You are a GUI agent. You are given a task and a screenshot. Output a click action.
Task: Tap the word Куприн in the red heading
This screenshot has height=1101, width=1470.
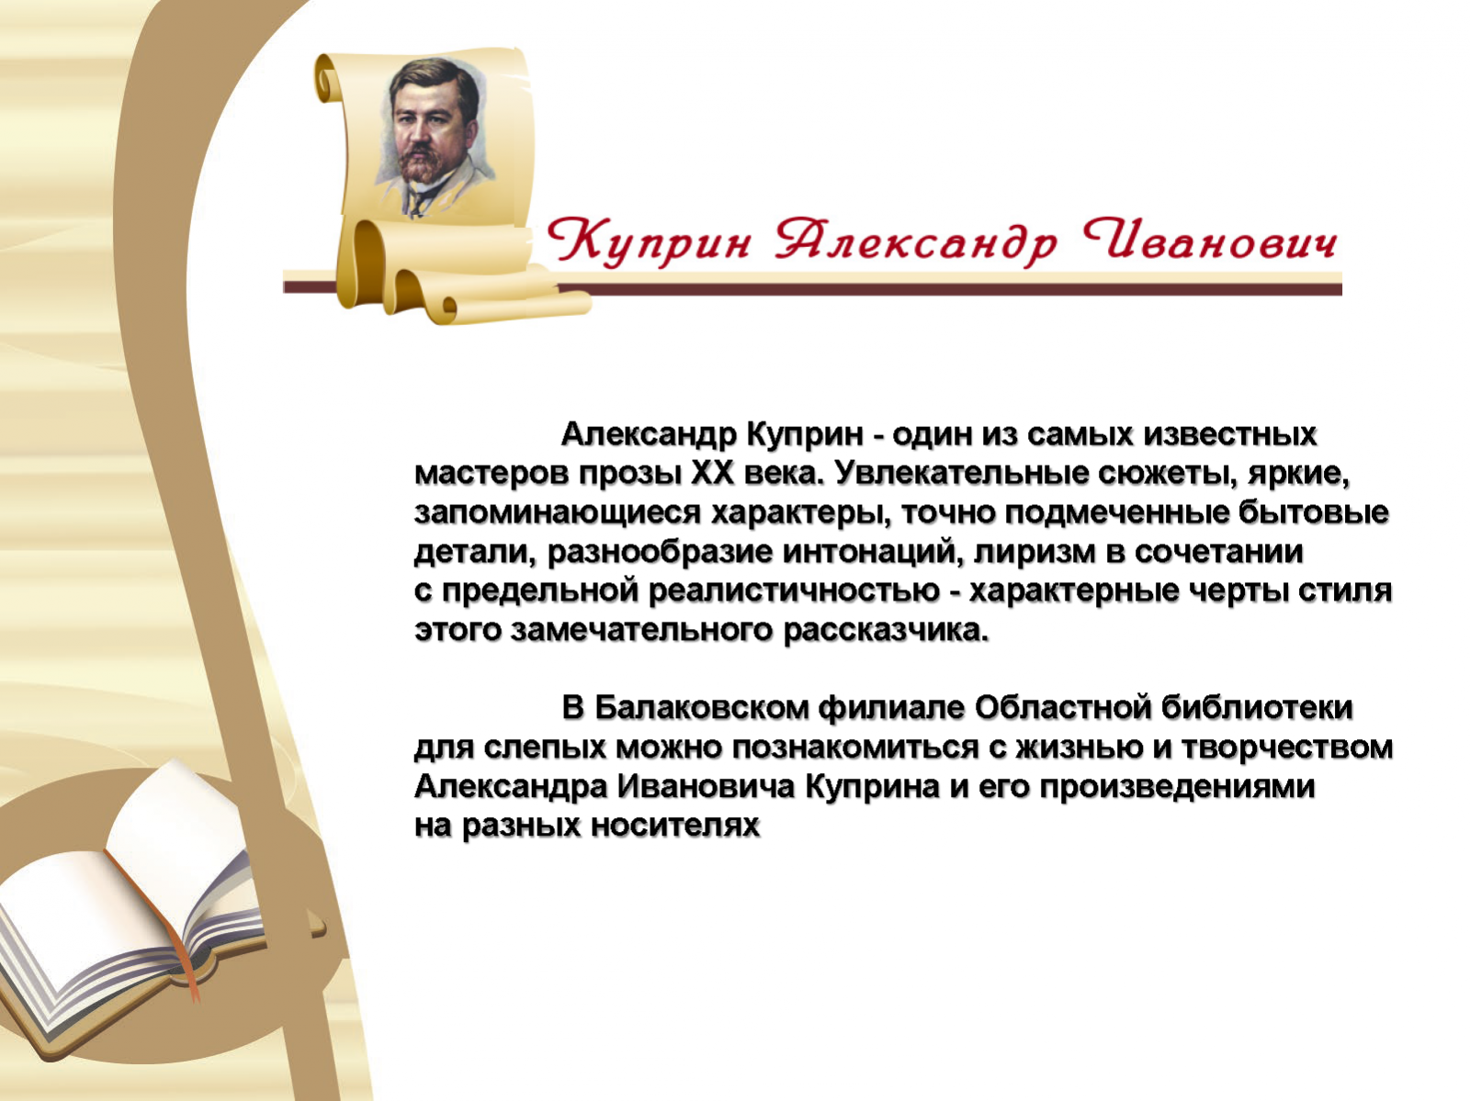(x=648, y=242)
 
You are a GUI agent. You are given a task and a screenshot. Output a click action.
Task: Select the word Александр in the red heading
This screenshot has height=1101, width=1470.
(x=915, y=242)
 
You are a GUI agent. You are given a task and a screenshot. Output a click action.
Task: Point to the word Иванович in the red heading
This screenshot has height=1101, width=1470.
(x=1210, y=240)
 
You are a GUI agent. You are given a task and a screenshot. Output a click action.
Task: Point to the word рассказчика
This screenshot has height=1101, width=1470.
(x=886, y=631)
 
